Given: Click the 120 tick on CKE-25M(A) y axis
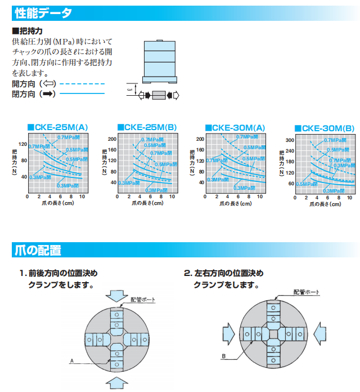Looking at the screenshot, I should (23, 143).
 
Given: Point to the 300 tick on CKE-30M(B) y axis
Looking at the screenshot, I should (290, 140).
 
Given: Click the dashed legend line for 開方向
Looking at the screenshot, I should (82, 83).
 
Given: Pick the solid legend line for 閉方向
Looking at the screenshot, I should (82, 93).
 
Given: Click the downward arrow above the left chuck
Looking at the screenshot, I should (117, 295).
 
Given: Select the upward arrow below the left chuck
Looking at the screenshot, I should (117, 383).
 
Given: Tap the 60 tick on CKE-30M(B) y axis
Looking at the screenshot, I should (291, 184).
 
